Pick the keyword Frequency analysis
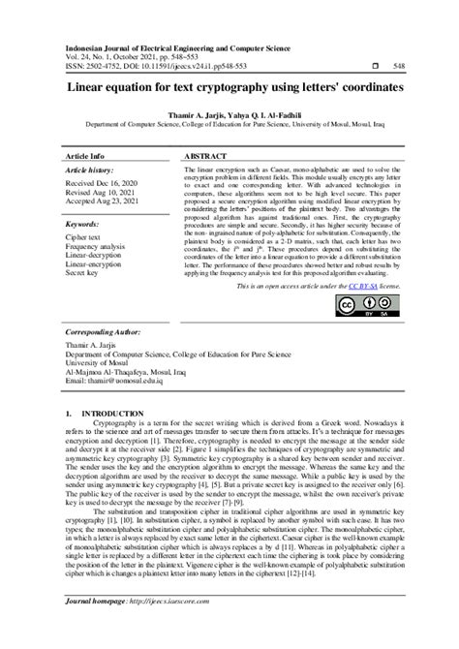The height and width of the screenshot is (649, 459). click(97, 248)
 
